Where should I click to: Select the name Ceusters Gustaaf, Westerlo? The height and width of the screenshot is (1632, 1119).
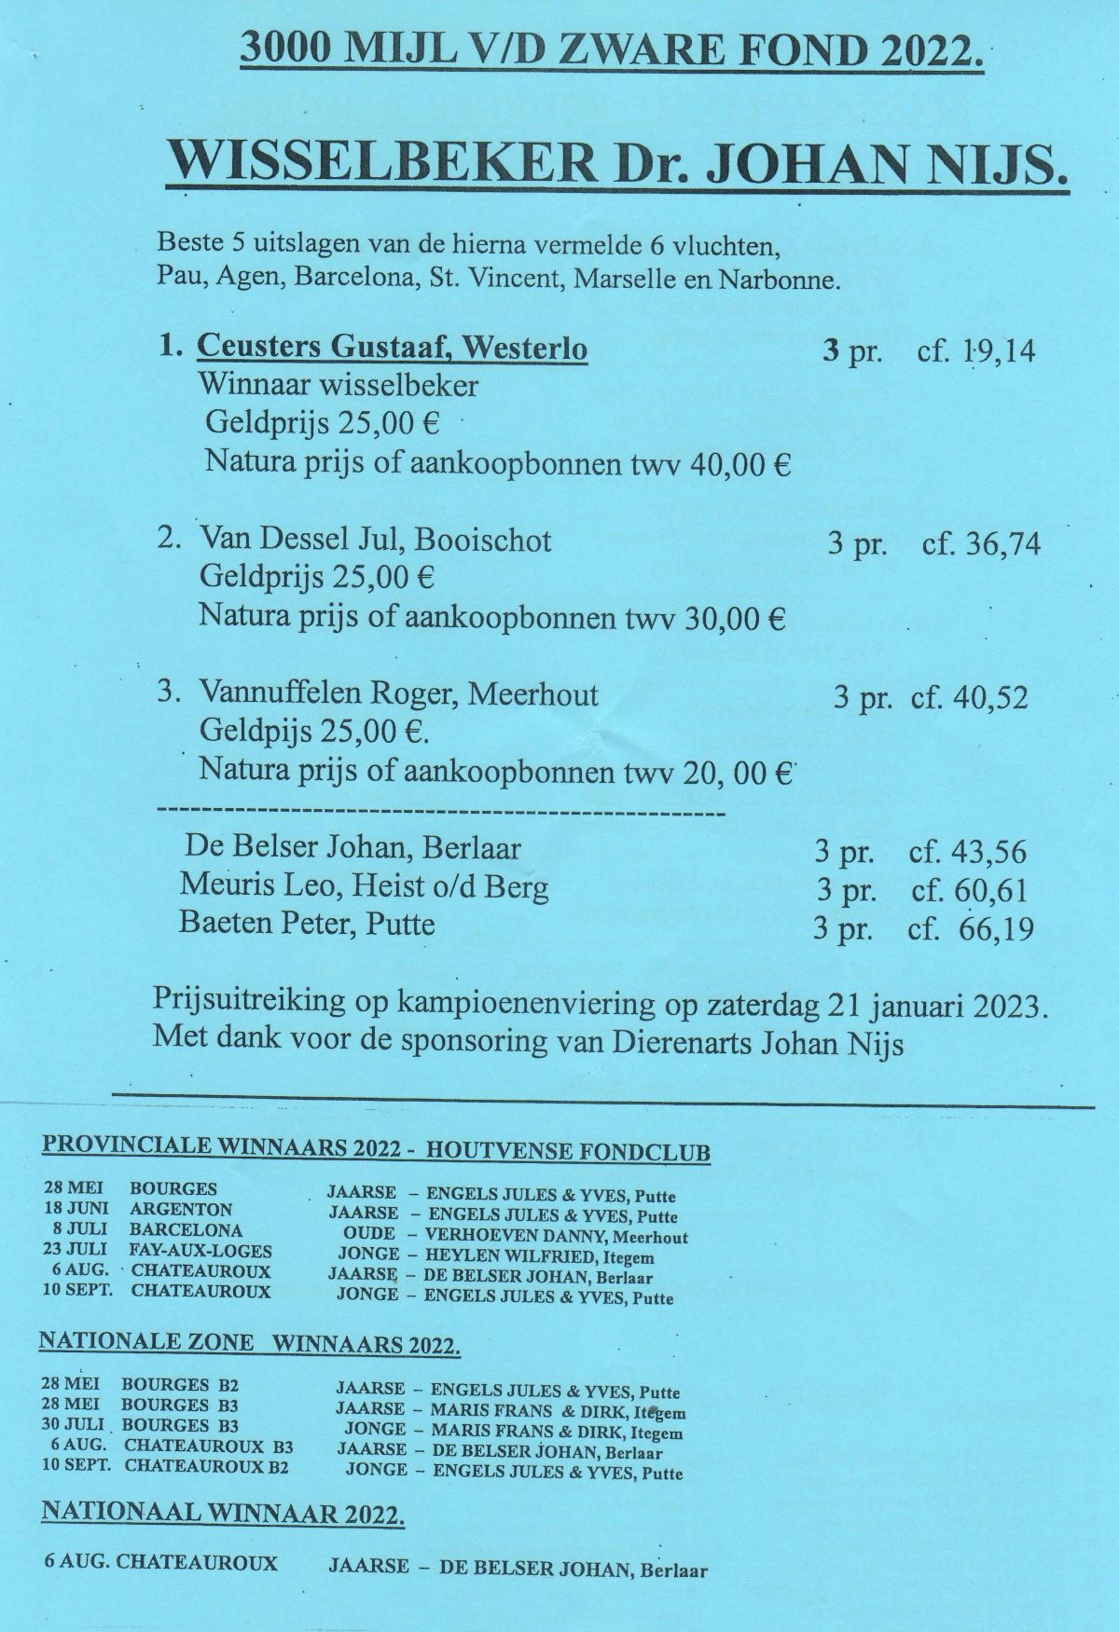click(392, 350)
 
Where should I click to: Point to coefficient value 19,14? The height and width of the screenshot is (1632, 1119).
click(993, 352)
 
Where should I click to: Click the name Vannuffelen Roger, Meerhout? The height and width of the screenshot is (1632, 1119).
click(398, 694)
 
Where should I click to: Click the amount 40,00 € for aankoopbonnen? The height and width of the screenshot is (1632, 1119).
click(740, 464)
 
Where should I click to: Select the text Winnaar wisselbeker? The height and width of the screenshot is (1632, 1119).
click(338, 385)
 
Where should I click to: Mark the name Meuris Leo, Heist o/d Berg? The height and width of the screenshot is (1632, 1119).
click(364, 886)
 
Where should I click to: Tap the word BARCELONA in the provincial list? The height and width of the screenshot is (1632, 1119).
click(186, 1230)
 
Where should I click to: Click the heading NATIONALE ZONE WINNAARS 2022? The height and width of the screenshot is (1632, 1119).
click(250, 1343)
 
